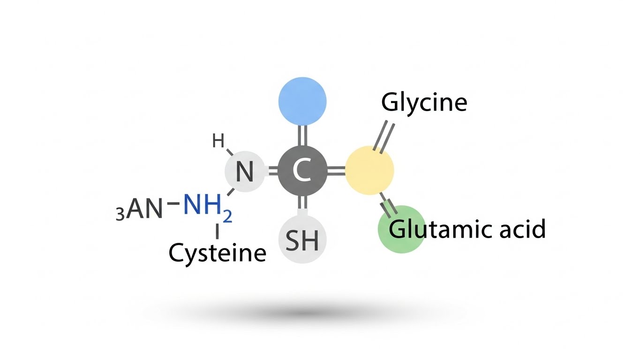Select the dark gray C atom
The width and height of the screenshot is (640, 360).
(302, 171)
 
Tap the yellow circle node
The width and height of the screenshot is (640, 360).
(369, 171)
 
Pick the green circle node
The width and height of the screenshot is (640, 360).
(401, 229)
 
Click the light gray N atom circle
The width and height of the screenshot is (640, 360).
(245, 172)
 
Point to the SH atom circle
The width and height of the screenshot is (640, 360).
(302, 240)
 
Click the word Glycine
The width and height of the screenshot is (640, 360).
(424, 102)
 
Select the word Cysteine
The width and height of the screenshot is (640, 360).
(217, 254)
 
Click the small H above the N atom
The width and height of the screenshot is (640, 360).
(218, 140)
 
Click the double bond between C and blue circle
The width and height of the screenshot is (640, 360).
(302, 135)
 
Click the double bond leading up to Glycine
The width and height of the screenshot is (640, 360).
(386, 137)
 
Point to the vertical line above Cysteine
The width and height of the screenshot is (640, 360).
(217, 232)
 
